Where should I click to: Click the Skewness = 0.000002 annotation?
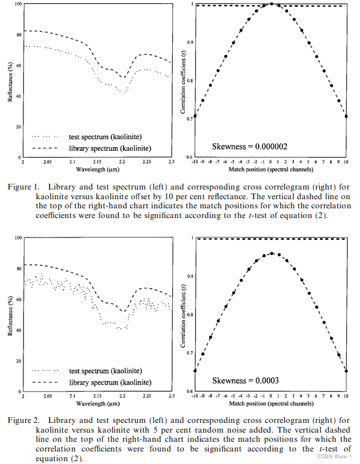[x=249, y=147]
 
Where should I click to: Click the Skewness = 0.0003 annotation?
[x=246, y=380]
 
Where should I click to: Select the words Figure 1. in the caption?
[x=23, y=187]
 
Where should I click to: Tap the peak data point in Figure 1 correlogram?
[x=272, y=3]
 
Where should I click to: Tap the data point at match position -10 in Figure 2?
[x=195, y=370]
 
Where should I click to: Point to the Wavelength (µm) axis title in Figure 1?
[x=97, y=169]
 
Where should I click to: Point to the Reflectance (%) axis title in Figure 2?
[x=11, y=314]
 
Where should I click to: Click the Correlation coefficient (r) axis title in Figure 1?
[x=183, y=80]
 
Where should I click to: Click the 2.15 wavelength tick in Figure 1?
[x=98, y=162]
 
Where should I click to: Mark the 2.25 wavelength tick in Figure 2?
[x=147, y=396]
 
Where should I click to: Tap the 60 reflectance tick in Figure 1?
[x=18, y=66]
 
